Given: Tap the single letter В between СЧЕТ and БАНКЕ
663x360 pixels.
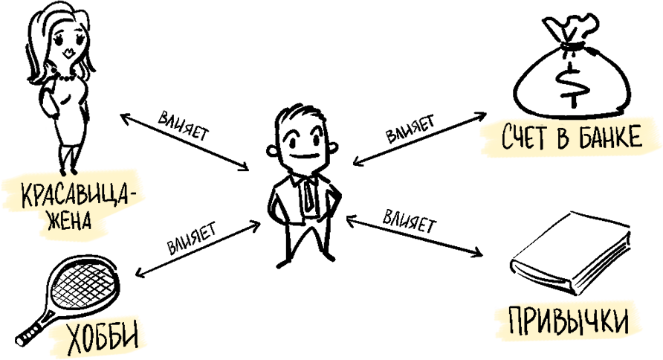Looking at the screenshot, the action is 563,138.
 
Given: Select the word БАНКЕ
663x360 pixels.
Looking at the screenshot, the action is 611,138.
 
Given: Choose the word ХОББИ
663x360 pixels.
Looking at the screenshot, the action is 102,339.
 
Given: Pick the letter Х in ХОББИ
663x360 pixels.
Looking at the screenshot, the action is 75,340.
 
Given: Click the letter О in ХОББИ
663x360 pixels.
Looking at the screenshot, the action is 90,340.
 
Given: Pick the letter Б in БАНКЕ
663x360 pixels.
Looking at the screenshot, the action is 581,138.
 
